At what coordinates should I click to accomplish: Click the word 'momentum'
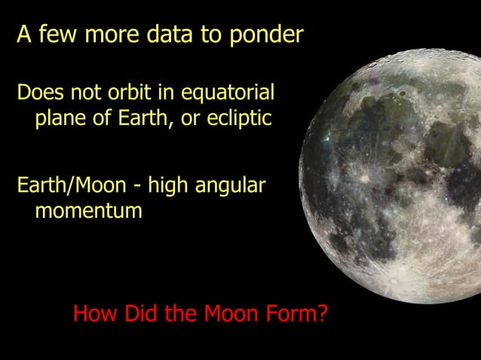point(88,212)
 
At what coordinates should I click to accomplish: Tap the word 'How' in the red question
point(93,313)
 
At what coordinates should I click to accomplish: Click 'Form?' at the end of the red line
point(299,313)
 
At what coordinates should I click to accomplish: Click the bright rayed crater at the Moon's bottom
point(392,280)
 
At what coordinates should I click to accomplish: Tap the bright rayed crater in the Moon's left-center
point(364,178)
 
